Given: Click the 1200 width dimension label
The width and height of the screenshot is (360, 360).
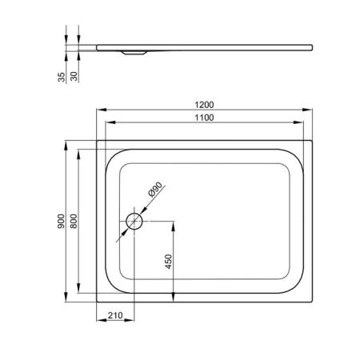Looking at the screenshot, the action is point(204,105).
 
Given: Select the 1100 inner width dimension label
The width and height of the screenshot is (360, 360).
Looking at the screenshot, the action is point(204,118).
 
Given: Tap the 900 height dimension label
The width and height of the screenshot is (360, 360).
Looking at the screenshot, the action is point(61,221).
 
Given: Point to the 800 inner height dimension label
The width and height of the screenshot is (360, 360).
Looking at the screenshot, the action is point(74,221).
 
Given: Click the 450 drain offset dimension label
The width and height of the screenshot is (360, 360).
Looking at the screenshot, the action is point(169,262).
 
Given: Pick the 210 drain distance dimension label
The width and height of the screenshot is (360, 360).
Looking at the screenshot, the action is point(115,315).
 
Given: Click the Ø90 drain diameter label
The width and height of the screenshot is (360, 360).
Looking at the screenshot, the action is point(155,189).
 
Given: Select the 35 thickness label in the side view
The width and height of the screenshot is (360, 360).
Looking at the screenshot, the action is point(62,77).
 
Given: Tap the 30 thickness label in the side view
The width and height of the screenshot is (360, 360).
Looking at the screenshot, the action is point(74,76).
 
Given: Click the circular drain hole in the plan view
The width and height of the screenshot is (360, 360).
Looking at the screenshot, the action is point(134,221).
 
